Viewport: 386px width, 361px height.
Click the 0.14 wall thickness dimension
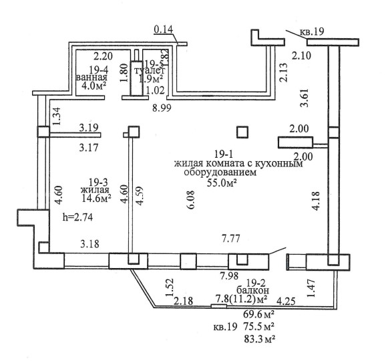coord(164,29)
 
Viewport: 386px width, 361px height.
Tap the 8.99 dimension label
coord(162,108)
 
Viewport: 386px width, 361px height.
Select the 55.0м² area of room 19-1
coord(222,183)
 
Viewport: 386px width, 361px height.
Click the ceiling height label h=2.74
coord(77,217)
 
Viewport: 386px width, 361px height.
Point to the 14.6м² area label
coord(96,198)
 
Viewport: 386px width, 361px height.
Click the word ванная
coord(91,78)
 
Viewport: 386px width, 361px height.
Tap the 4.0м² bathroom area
coord(94,86)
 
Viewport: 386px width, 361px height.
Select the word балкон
coord(252,290)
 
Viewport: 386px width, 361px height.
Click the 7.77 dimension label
coord(230,239)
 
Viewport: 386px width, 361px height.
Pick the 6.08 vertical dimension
coord(191,200)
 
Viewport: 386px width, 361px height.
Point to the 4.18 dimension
coord(316,201)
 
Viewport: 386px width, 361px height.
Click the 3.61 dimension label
coord(305,98)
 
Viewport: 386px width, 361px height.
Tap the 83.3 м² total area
coord(260,340)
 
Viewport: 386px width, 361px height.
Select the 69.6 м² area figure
coord(259,314)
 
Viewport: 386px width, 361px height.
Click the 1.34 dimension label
coord(56,116)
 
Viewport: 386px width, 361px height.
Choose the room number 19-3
coord(98,183)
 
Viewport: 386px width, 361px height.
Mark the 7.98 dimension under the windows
coord(230,275)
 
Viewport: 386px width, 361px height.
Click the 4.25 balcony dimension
coord(286,301)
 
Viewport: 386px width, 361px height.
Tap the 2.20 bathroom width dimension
coord(103,56)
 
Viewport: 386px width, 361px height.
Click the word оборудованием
coord(220,172)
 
